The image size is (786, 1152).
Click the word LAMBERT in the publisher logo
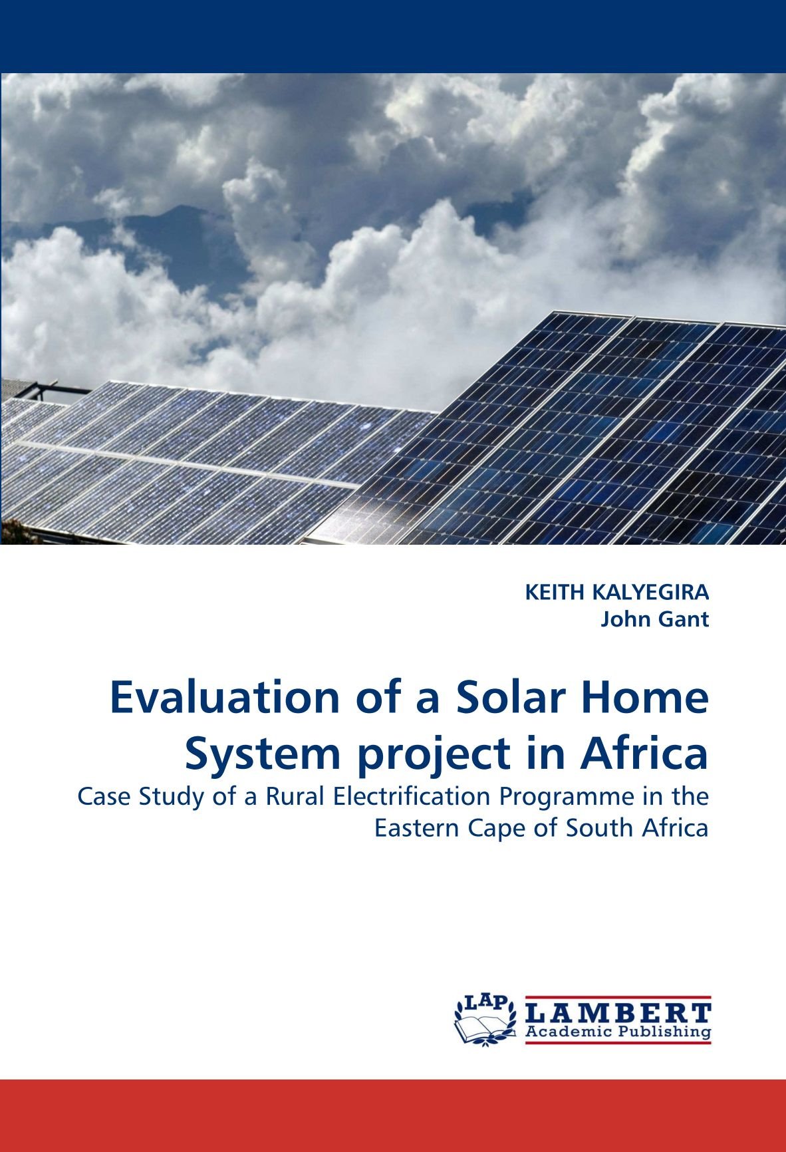point(618,1013)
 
